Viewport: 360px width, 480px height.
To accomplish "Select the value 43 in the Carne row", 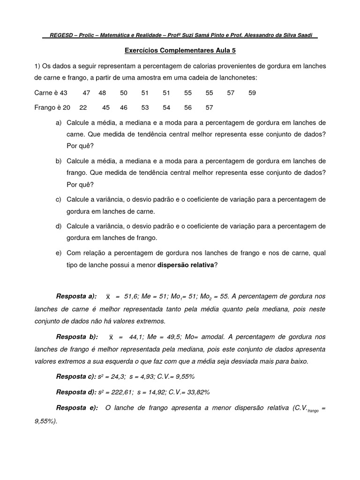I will (x=64, y=93).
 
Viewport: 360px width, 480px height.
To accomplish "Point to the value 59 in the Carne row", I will (x=252, y=93).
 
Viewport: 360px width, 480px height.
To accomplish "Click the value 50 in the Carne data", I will (x=124, y=93).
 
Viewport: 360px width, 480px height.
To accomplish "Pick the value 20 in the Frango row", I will (x=66, y=107).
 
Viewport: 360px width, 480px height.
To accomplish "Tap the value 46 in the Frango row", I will (x=124, y=107).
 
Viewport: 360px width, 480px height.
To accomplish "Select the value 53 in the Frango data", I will (x=145, y=107).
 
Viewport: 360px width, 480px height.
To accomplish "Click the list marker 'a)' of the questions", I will (x=58, y=122).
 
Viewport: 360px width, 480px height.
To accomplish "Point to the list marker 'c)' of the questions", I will (x=58, y=200).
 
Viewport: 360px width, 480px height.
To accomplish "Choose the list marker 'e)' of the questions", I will (x=58, y=253).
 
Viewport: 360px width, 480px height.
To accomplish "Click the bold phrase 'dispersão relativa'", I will (x=185, y=265).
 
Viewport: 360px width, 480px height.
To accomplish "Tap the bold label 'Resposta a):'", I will (x=76, y=296).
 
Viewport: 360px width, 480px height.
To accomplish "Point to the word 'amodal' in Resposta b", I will (x=219, y=337).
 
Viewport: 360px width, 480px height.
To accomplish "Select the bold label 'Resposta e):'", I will (x=77, y=407).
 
